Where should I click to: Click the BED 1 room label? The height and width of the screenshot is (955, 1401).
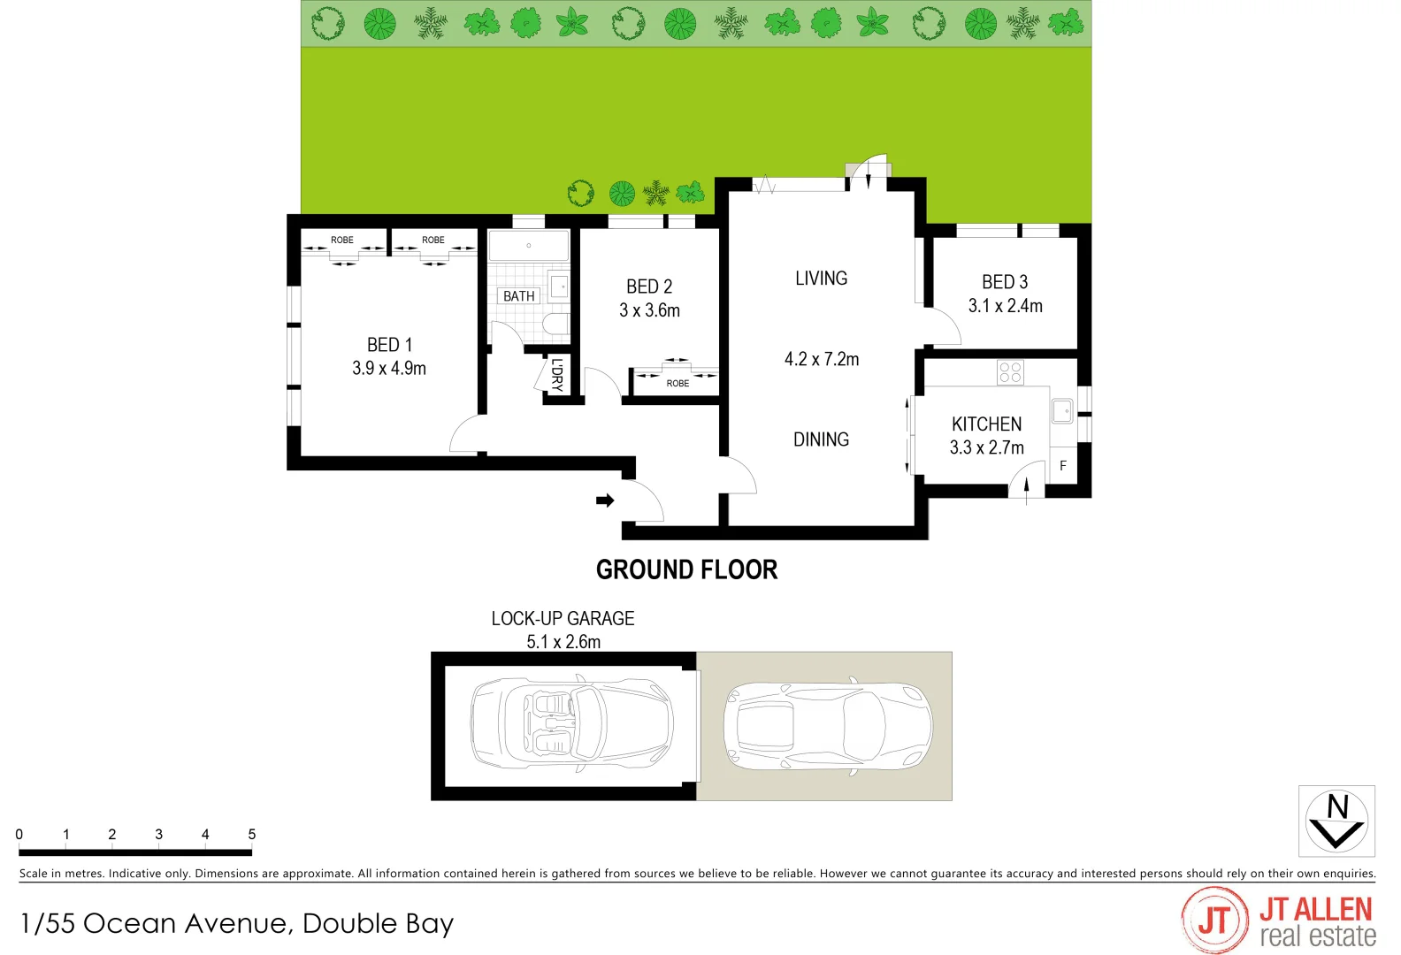point(389,345)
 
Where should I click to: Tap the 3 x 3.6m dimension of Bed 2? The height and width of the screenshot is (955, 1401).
point(649,310)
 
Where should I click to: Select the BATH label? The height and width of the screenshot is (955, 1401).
point(518,296)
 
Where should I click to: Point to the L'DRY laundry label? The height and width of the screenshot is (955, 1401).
point(556,374)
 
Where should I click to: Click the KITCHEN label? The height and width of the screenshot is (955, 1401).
point(986,424)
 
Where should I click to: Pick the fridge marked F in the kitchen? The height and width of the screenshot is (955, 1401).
point(1063,466)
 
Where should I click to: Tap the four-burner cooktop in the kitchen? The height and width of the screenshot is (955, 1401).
point(1010,372)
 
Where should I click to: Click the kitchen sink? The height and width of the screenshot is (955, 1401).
point(1062,411)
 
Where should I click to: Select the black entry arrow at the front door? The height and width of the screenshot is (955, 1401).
point(605,500)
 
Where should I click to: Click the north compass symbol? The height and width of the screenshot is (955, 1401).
point(1336,821)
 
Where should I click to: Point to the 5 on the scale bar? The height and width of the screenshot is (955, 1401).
point(252,835)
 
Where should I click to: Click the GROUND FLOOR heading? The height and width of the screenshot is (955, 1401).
point(686,570)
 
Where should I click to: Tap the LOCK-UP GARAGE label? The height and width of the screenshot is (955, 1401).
point(563,619)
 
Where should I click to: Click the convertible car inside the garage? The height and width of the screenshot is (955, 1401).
point(570,726)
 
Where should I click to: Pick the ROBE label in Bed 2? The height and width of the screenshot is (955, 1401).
point(678,384)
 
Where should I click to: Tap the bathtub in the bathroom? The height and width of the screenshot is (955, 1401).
point(529,246)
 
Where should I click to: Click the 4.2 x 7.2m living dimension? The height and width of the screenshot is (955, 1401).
point(821,360)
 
